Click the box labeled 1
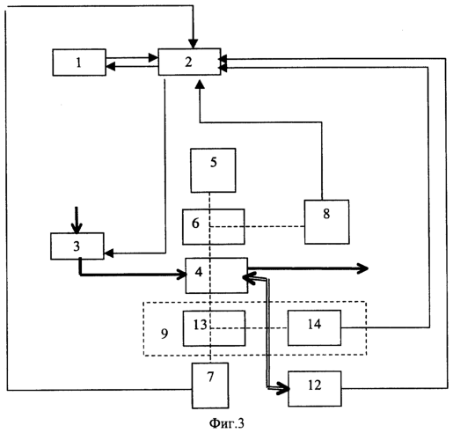pyautogui.click(x=79, y=62)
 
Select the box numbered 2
pyautogui.click(x=189, y=62)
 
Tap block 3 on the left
pyautogui.click(x=77, y=246)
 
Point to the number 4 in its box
pyautogui.click(x=199, y=272)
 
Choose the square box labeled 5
pyautogui.click(x=213, y=171)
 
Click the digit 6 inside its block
pyautogui.click(x=195, y=224)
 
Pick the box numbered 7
pyautogui.click(x=210, y=385)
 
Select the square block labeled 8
pyautogui.click(x=326, y=222)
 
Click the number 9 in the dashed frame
pyautogui.click(x=164, y=334)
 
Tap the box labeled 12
pyautogui.click(x=315, y=389)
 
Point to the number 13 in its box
pyautogui.click(x=201, y=325)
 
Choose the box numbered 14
pyautogui.click(x=314, y=327)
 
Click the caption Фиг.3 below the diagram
pyautogui.click(x=226, y=423)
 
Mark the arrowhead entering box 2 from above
pyautogui.click(x=193, y=44)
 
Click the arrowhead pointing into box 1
pyautogui.click(x=110, y=67)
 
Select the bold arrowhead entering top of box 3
pyautogui.click(x=77, y=228)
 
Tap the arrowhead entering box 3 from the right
pyautogui.click(x=109, y=253)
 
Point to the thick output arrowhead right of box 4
pyautogui.click(x=362, y=268)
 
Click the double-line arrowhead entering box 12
pyautogui.click(x=283, y=389)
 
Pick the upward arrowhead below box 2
pyautogui.click(x=200, y=84)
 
